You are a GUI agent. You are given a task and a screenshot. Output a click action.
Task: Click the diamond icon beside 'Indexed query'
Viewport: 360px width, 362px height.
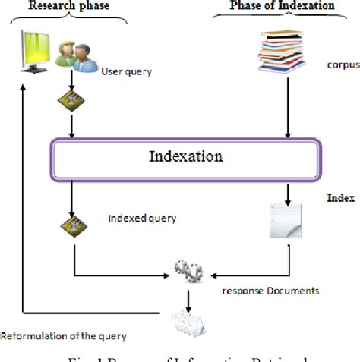pyautogui.click(x=73, y=225)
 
